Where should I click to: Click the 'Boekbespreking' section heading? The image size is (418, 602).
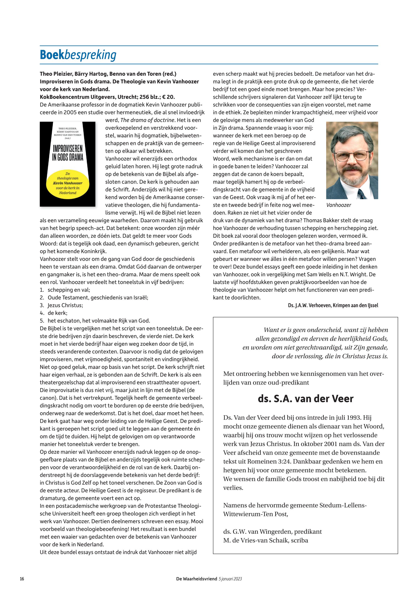(x=78, y=55)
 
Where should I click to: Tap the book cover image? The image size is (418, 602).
(x=68, y=164)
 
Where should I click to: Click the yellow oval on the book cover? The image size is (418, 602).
(x=68, y=183)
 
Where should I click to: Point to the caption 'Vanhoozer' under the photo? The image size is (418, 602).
(x=339, y=205)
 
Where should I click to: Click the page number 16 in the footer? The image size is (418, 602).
(x=22, y=579)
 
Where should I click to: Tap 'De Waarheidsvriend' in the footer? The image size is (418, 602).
(x=197, y=579)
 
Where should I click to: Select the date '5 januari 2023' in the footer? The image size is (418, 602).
(x=230, y=579)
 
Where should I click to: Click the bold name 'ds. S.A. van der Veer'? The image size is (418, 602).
(x=305, y=399)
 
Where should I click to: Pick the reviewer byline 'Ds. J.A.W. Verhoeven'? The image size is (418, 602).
(x=309, y=305)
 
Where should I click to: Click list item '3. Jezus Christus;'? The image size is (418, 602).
(x=62, y=305)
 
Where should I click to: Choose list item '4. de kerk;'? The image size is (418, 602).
(x=54, y=313)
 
